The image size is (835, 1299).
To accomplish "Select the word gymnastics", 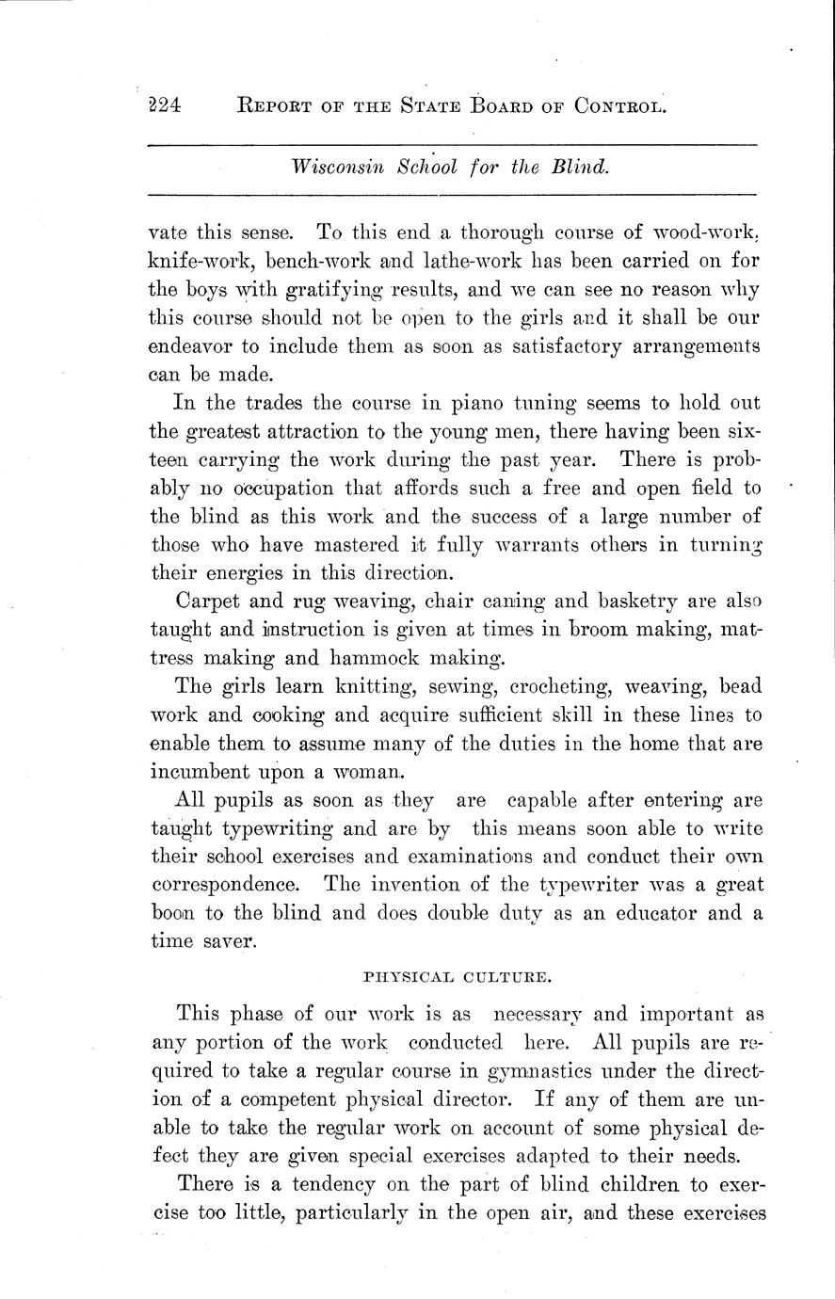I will (x=543, y=1070).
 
